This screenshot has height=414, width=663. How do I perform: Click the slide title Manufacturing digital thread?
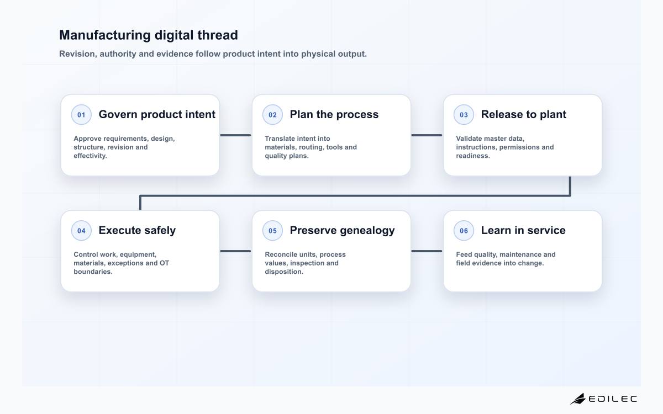[x=149, y=35]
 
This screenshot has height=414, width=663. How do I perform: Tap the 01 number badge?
[x=81, y=115]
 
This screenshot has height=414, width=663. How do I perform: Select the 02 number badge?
[x=272, y=115]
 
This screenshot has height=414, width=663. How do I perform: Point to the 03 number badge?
[x=464, y=115]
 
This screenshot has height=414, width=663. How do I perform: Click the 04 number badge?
[x=81, y=231]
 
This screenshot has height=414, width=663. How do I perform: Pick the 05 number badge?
[x=272, y=231]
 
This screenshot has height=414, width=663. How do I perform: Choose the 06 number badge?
[x=464, y=231]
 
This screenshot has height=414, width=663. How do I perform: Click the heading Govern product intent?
[x=157, y=114]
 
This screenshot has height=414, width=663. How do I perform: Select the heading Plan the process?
[x=334, y=114]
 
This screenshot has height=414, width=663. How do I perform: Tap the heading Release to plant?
[x=524, y=114]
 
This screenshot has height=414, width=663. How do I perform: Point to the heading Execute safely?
[x=137, y=230]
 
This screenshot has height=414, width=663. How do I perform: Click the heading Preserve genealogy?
[x=342, y=230]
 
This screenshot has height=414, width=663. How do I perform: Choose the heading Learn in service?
[x=523, y=230]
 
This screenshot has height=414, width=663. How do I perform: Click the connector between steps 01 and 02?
[x=235, y=135]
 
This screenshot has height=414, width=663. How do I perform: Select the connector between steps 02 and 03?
[x=427, y=135]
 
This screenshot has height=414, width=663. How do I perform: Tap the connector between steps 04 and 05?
[x=235, y=251]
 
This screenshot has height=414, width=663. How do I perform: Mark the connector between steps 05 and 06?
[x=427, y=251]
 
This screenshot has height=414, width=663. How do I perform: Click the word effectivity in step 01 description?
[x=90, y=156]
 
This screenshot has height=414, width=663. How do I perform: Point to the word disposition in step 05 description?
[x=284, y=272]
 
